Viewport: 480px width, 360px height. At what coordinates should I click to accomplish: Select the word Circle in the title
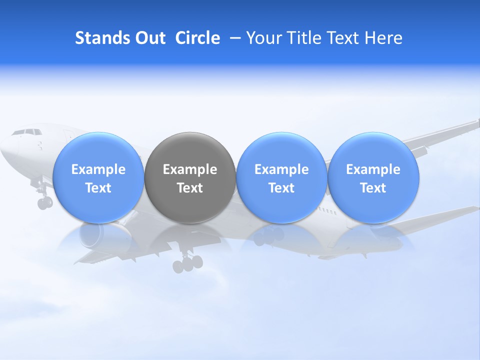pyautogui.click(x=197, y=38)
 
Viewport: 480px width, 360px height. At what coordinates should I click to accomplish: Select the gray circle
pyautogui.click(x=190, y=177)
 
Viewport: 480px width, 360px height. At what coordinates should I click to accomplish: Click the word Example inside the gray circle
pyautogui.click(x=190, y=169)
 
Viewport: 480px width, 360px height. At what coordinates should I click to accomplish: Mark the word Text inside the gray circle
pyautogui.click(x=190, y=188)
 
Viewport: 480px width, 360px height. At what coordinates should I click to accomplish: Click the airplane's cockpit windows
pyautogui.click(x=27, y=132)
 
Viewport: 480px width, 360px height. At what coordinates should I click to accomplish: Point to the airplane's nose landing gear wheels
pyautogui.click(x=44, y=202)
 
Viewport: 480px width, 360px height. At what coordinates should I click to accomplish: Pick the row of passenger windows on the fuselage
pyautogui.click(x=327, y=212)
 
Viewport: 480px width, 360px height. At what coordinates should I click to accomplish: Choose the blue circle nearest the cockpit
pyautogui.click(x=98, y=177)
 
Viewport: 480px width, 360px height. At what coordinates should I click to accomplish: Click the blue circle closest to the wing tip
pyautogui.click(x=373, y=177)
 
